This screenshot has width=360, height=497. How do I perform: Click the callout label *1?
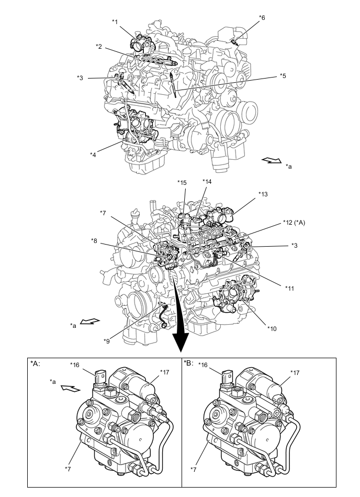(x=116, y=21)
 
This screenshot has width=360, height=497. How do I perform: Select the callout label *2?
(x=99, y=47)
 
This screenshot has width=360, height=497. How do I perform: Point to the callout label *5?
(x=283, y=76)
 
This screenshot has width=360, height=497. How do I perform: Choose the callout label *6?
(x=262, y=18)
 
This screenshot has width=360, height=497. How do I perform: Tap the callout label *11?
(x=289, y=287)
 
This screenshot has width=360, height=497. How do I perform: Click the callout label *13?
(x=263, y=193)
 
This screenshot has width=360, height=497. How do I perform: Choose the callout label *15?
(x=182, y=183)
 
